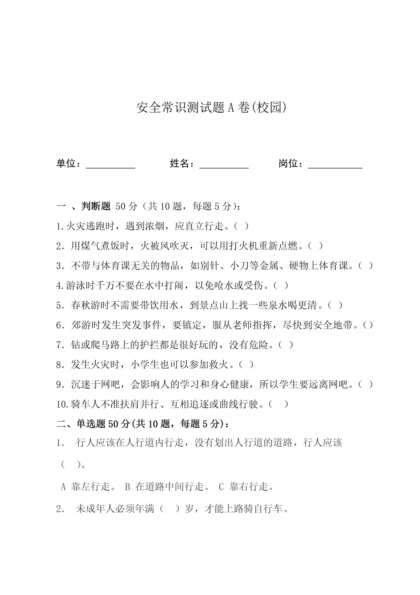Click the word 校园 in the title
269,107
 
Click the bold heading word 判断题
96,206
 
